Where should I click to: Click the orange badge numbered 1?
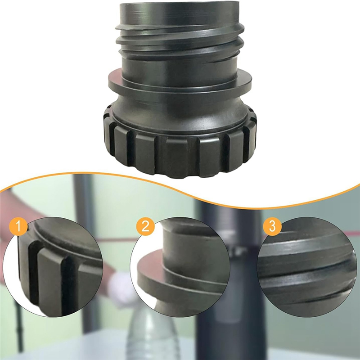pos(18,226)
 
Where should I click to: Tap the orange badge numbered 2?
pos(145,226)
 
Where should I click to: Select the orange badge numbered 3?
pos(272,226)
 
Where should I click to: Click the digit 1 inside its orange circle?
pos(18,226)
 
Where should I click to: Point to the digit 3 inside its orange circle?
pos(272,226)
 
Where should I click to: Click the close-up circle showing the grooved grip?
pos(53,267)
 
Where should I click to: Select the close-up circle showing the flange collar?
pos(180,267)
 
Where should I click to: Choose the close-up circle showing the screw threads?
pos(307,267)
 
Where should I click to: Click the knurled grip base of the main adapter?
pos(180,147)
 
